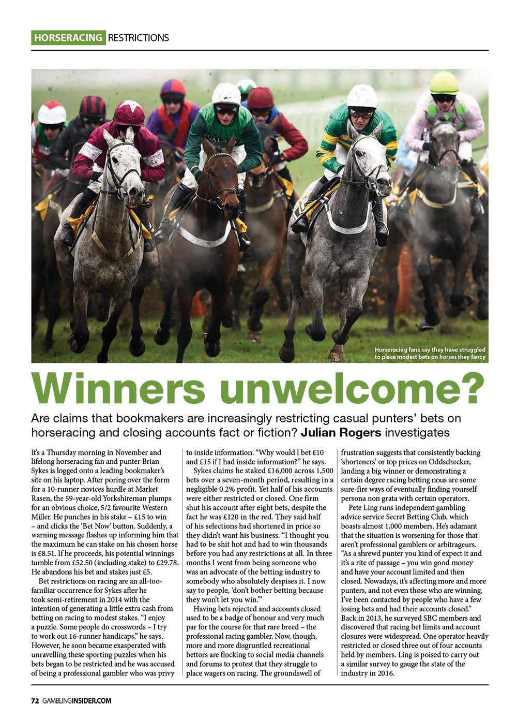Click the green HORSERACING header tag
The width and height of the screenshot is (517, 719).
pyautogui.click(x=68, y=38)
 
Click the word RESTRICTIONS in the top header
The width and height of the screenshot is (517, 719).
pyautogui.click(x=138, y=38)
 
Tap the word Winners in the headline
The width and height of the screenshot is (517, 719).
pyautogui.click(x=120, y=389)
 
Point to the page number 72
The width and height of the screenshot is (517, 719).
pyautogui.click(x=35, y=701)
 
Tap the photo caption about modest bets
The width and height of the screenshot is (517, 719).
pyautogui.click(x=430, y=354)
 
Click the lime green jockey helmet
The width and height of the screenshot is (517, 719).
pyautogui.click(x=444, y=83)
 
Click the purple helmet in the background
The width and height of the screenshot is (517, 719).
pyautogui.click(x=173, y=88)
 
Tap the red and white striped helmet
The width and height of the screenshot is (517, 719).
pyautogui.click(x=52, y=112)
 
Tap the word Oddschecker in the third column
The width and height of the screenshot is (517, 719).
pyautogui.click(x=452, y=462)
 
